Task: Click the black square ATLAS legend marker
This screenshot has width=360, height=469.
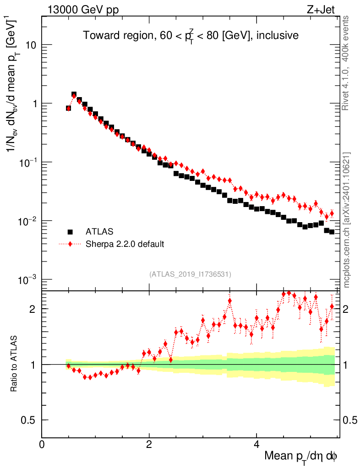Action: click(x=70, y=232)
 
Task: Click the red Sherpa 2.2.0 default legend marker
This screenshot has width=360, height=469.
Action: click(x=70, y=244)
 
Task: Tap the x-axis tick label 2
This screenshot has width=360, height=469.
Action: click(x=149, y=444)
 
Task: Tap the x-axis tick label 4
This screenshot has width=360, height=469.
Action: click(x=256, y=444)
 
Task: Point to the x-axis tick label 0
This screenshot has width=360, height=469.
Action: click(x=42, y=444)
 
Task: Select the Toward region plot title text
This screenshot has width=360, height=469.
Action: click(x=191, y=36)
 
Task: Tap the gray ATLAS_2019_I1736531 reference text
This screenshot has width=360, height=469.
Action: click(x=190, y=274)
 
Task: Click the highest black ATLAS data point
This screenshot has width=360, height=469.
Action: click(x=74, y=95)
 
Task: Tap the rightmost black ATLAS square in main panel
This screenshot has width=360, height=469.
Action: click(x=332, y=232)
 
